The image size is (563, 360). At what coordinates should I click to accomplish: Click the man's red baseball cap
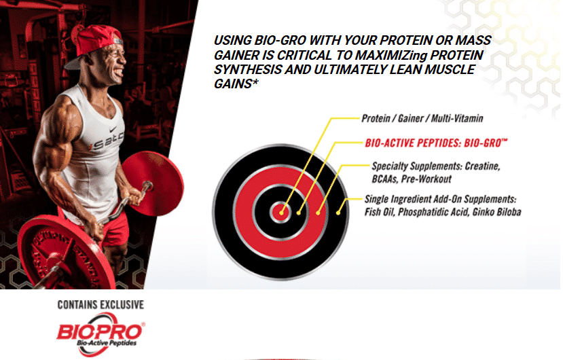94,43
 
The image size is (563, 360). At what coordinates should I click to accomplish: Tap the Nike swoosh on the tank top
113,129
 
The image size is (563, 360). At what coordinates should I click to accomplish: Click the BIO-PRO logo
101,334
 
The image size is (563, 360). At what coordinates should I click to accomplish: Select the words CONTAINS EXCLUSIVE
101,305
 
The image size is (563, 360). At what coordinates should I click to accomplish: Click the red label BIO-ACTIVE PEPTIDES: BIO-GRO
436,143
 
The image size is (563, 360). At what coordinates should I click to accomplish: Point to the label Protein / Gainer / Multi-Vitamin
422,118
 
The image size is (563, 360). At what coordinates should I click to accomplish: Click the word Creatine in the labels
482,166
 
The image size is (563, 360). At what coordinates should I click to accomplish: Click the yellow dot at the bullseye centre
281,213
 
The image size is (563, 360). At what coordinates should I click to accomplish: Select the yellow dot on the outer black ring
338,213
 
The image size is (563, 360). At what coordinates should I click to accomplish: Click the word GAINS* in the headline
236,84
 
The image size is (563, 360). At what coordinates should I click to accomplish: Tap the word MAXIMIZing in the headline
391,55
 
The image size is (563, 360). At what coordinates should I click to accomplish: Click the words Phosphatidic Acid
433,212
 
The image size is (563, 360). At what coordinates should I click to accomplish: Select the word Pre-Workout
426,179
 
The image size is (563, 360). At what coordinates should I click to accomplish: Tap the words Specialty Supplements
417,166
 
